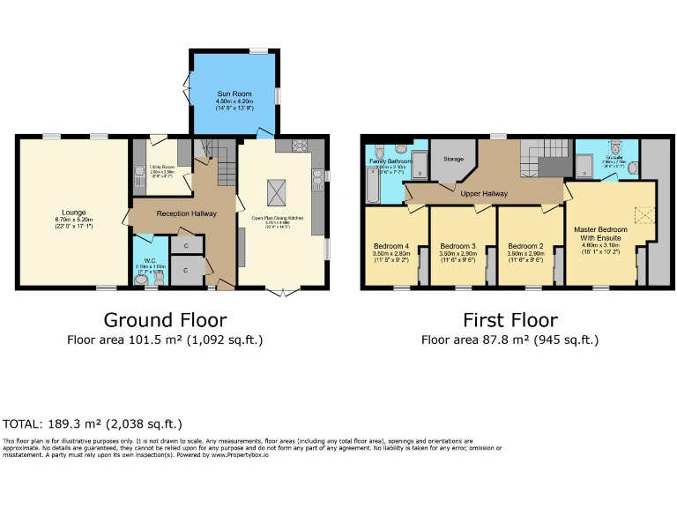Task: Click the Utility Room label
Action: coord(160,166)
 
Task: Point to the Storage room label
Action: coord(453,160)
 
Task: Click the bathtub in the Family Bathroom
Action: coord(372,184)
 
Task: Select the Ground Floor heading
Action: coord(165,319)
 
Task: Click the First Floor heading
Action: coord(510,319)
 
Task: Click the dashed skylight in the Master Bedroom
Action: coord(645,214)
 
